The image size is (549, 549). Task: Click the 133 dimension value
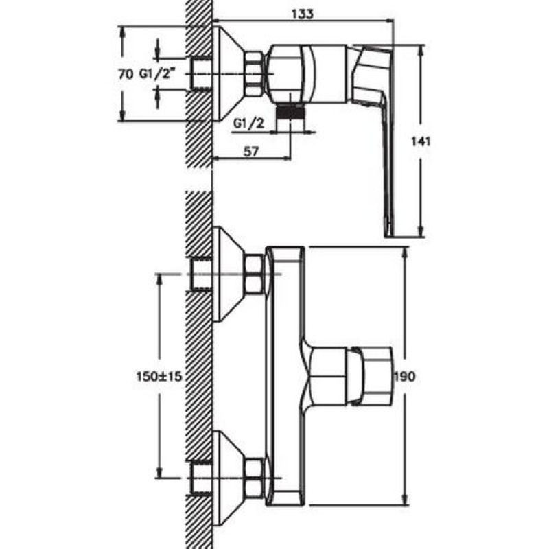click(x=303, y=14)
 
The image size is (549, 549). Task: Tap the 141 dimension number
click(x=421, y=141)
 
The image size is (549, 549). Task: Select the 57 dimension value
click(x=250, y=152)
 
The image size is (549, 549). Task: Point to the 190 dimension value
click(x=405, y=376)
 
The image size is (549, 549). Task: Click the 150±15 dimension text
click(x=159, y=376)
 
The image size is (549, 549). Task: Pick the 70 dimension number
click(x=125, y=74)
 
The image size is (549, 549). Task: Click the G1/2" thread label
click(x=156, y=74)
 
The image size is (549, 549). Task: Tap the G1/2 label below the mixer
click(x=249, y=124)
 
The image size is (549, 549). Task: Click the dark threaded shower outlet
click(x=290, y=113)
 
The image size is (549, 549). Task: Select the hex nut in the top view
click(x=255, y=73)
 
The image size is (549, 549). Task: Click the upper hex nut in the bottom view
click(x=255, y=273)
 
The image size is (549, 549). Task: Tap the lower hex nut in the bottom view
click(x=255, y=478)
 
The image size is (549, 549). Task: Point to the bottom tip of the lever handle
click(x=388, y=237)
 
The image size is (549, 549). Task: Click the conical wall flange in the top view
click(x=229, y=73)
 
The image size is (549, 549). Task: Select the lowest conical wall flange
click(x=229, y=478)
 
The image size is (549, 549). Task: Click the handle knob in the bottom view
click(x=369, y=376)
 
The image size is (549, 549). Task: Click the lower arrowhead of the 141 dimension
click(x=421, y=231)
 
